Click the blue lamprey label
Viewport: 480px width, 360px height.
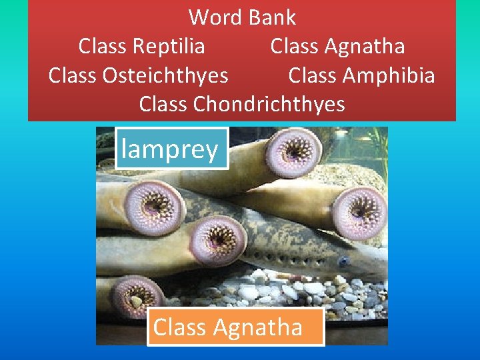click(x=171, y=148)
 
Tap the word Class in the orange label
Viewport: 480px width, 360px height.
click(x=177, y=327)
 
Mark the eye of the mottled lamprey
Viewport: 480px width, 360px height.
click(x=343, y=261)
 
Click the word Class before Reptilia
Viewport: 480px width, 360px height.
click(x=103, y=46)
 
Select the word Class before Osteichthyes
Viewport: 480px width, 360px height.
click(x=73, y=75)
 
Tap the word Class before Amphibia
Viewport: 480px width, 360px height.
click(x=313, y=75)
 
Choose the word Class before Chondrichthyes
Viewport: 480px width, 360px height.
click(x=164, y=104)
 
